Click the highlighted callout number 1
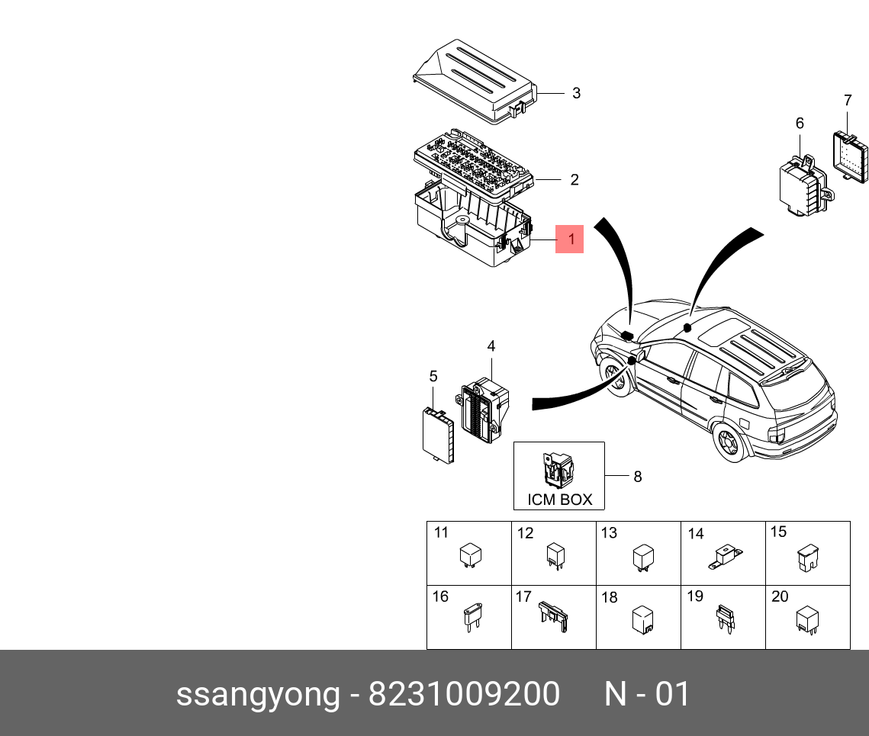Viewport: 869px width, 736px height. coord(569,239)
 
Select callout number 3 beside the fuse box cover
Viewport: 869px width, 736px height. coord(576,93)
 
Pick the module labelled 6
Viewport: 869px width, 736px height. coord(798,188)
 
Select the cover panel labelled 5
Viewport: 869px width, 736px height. coord(438,435)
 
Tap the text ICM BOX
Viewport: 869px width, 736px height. coord(559,500)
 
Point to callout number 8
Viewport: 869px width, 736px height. coord(637,477)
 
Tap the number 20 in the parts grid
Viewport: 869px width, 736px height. coord(779,597)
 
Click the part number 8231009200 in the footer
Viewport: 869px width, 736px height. coord(464,695)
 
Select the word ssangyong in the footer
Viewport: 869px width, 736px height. coord(258,695)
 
